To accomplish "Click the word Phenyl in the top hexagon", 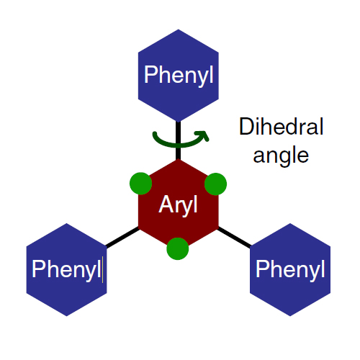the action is (179, 76).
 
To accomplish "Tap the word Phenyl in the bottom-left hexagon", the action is (66, 270).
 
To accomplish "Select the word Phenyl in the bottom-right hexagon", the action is (290, 270).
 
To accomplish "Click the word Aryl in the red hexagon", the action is (178, 205).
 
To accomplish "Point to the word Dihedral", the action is (282, 126).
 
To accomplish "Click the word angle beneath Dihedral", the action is (281, 156).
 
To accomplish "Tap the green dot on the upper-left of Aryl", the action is (140, 184).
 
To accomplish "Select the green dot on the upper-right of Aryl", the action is (215, 184).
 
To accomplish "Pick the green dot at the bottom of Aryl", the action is (178, 248).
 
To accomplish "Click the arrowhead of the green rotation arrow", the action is (204, 135).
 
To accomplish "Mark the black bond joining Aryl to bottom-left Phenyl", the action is (122, 238).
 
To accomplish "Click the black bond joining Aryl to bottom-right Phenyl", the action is (234, 238).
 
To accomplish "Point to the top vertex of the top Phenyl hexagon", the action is (179, 30).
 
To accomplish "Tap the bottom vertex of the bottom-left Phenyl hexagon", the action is (66, 316).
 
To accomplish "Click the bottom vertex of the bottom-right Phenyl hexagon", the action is (290, 316).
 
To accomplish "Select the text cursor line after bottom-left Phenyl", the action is (102, 269).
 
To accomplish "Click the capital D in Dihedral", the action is (246, 126).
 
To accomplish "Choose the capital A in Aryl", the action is (166, 204).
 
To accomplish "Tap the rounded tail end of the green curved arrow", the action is (155, 134).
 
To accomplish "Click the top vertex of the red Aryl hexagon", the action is (179, 159).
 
